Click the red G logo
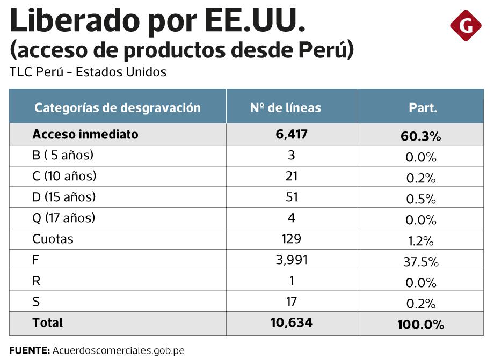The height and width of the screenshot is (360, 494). (x=465, y=25)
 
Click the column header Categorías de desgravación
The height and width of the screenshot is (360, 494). (x=118, y=107)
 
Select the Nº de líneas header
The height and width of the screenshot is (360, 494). (x=285, y=107)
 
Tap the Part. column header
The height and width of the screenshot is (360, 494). (x=423, y=107)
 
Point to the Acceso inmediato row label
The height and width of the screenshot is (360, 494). (x=85, y=134)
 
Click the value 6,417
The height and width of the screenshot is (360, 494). (x=291, y=134)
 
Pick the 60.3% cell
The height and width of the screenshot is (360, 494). (x=420, y=136)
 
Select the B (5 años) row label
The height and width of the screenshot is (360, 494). (x=63, y=155)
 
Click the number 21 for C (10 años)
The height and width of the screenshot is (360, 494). (x=291, y=176)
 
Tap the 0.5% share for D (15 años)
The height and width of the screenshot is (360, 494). (x=421, y=199)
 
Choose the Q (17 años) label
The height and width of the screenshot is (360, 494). (x=63, y=218)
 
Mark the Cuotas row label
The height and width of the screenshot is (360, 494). (x=53, y=239)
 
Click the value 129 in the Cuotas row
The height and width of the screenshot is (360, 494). (x=291, y=239)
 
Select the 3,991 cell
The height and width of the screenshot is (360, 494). (x=291, y=260)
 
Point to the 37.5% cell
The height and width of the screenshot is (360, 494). (x=420, y=262)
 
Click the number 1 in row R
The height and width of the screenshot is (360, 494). (x=291, y=281)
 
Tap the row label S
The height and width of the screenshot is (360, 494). (x=36, y=302)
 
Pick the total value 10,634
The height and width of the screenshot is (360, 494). (x=291, y=322)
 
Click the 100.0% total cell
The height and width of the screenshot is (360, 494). (x=420, y=325)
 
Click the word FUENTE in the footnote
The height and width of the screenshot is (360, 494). (x=29, y=350)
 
